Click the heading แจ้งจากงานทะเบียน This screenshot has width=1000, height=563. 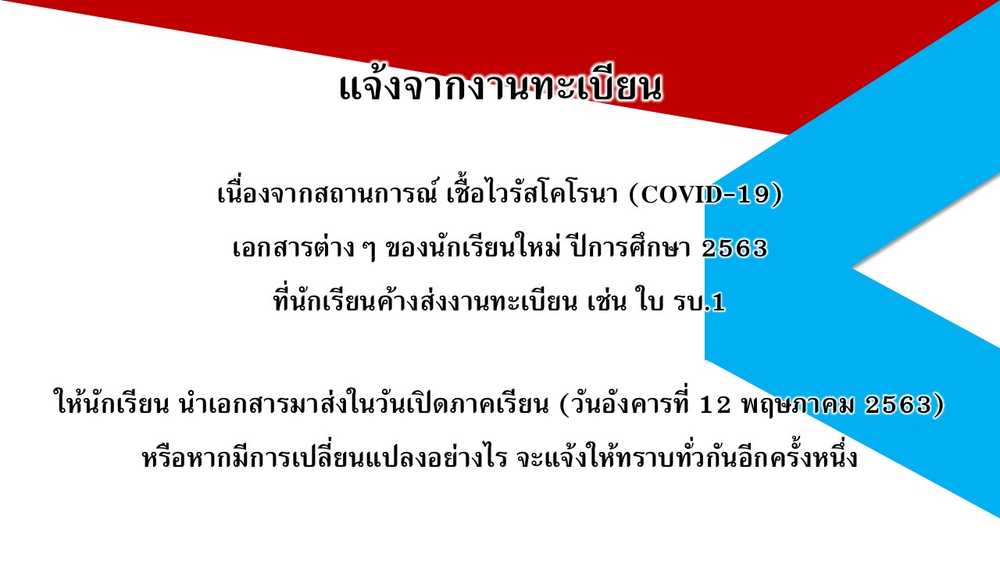(x=501, y=88)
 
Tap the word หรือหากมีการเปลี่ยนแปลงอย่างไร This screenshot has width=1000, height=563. (x=325, y=457)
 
